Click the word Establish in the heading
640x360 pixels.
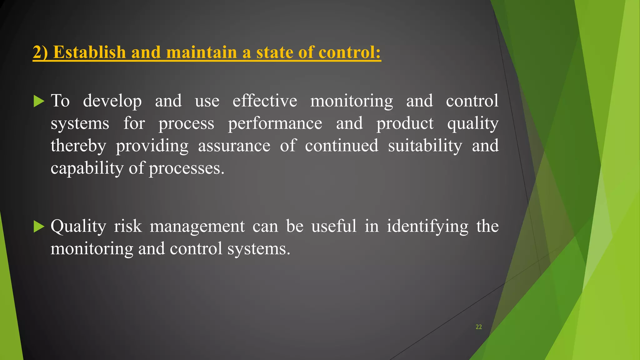(89, 52)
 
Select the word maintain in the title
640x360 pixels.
(202, 52)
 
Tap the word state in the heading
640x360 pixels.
(274, 52)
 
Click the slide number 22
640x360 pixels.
(478, 327)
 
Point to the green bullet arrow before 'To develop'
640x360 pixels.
(39, 101)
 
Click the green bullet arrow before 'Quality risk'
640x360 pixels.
(39, 227)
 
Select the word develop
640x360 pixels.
(112, 101)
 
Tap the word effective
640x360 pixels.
(265, 101)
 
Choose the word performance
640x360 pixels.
(275, 124)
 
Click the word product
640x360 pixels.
(405, 123)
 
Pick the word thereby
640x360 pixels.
(78, 146)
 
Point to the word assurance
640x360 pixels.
(234, 146)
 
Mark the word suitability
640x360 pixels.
(425, 146)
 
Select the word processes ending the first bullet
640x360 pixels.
(186, 169)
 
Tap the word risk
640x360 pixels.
(128, 226)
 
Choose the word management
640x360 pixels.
(197, 227)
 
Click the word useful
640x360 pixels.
(334, 226)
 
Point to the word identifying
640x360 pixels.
(427, 227)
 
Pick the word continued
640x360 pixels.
(342, 146)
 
